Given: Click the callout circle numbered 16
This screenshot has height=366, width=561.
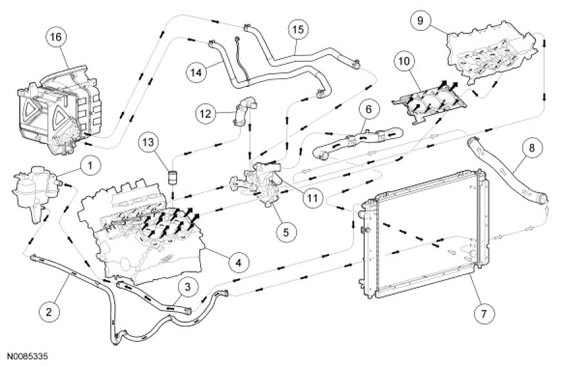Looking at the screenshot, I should (55, 37).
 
